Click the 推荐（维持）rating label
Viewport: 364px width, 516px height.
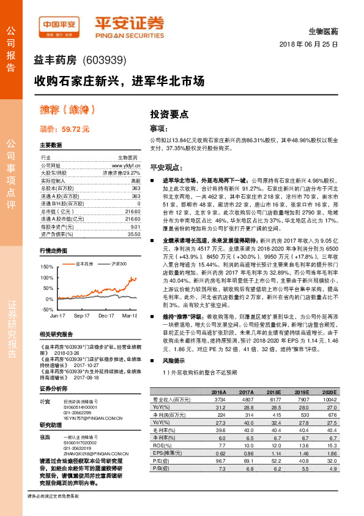click(67, 110)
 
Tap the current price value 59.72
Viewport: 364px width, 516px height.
click(68, 129)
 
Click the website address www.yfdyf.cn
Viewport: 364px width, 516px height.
click(126, 165)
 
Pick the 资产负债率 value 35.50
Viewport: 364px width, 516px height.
click(134, 234)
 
